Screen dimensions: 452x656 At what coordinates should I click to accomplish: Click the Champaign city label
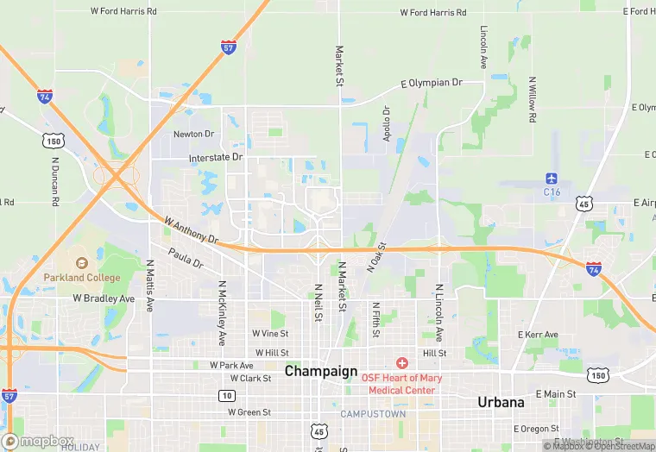pos(321,371)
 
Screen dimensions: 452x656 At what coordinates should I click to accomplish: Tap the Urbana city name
pos(501,402)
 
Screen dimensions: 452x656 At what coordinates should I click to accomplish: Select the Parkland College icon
pos(81,263)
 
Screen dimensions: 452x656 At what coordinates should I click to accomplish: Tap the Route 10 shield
pos(226,395)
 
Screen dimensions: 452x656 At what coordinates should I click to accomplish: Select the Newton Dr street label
pos(193,134)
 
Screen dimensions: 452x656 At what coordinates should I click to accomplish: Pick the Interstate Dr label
pos(217,158)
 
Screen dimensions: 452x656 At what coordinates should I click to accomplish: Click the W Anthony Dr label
pos(191,229)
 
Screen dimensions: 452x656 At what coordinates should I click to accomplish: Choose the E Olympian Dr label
pos(432,83)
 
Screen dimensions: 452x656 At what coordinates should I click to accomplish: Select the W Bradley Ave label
pos(104,298)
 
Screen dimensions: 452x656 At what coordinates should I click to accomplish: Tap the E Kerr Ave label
pos(538,335)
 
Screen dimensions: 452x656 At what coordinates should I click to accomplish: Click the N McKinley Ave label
pos(222,312)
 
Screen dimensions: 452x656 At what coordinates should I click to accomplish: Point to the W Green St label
pos(249,412)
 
